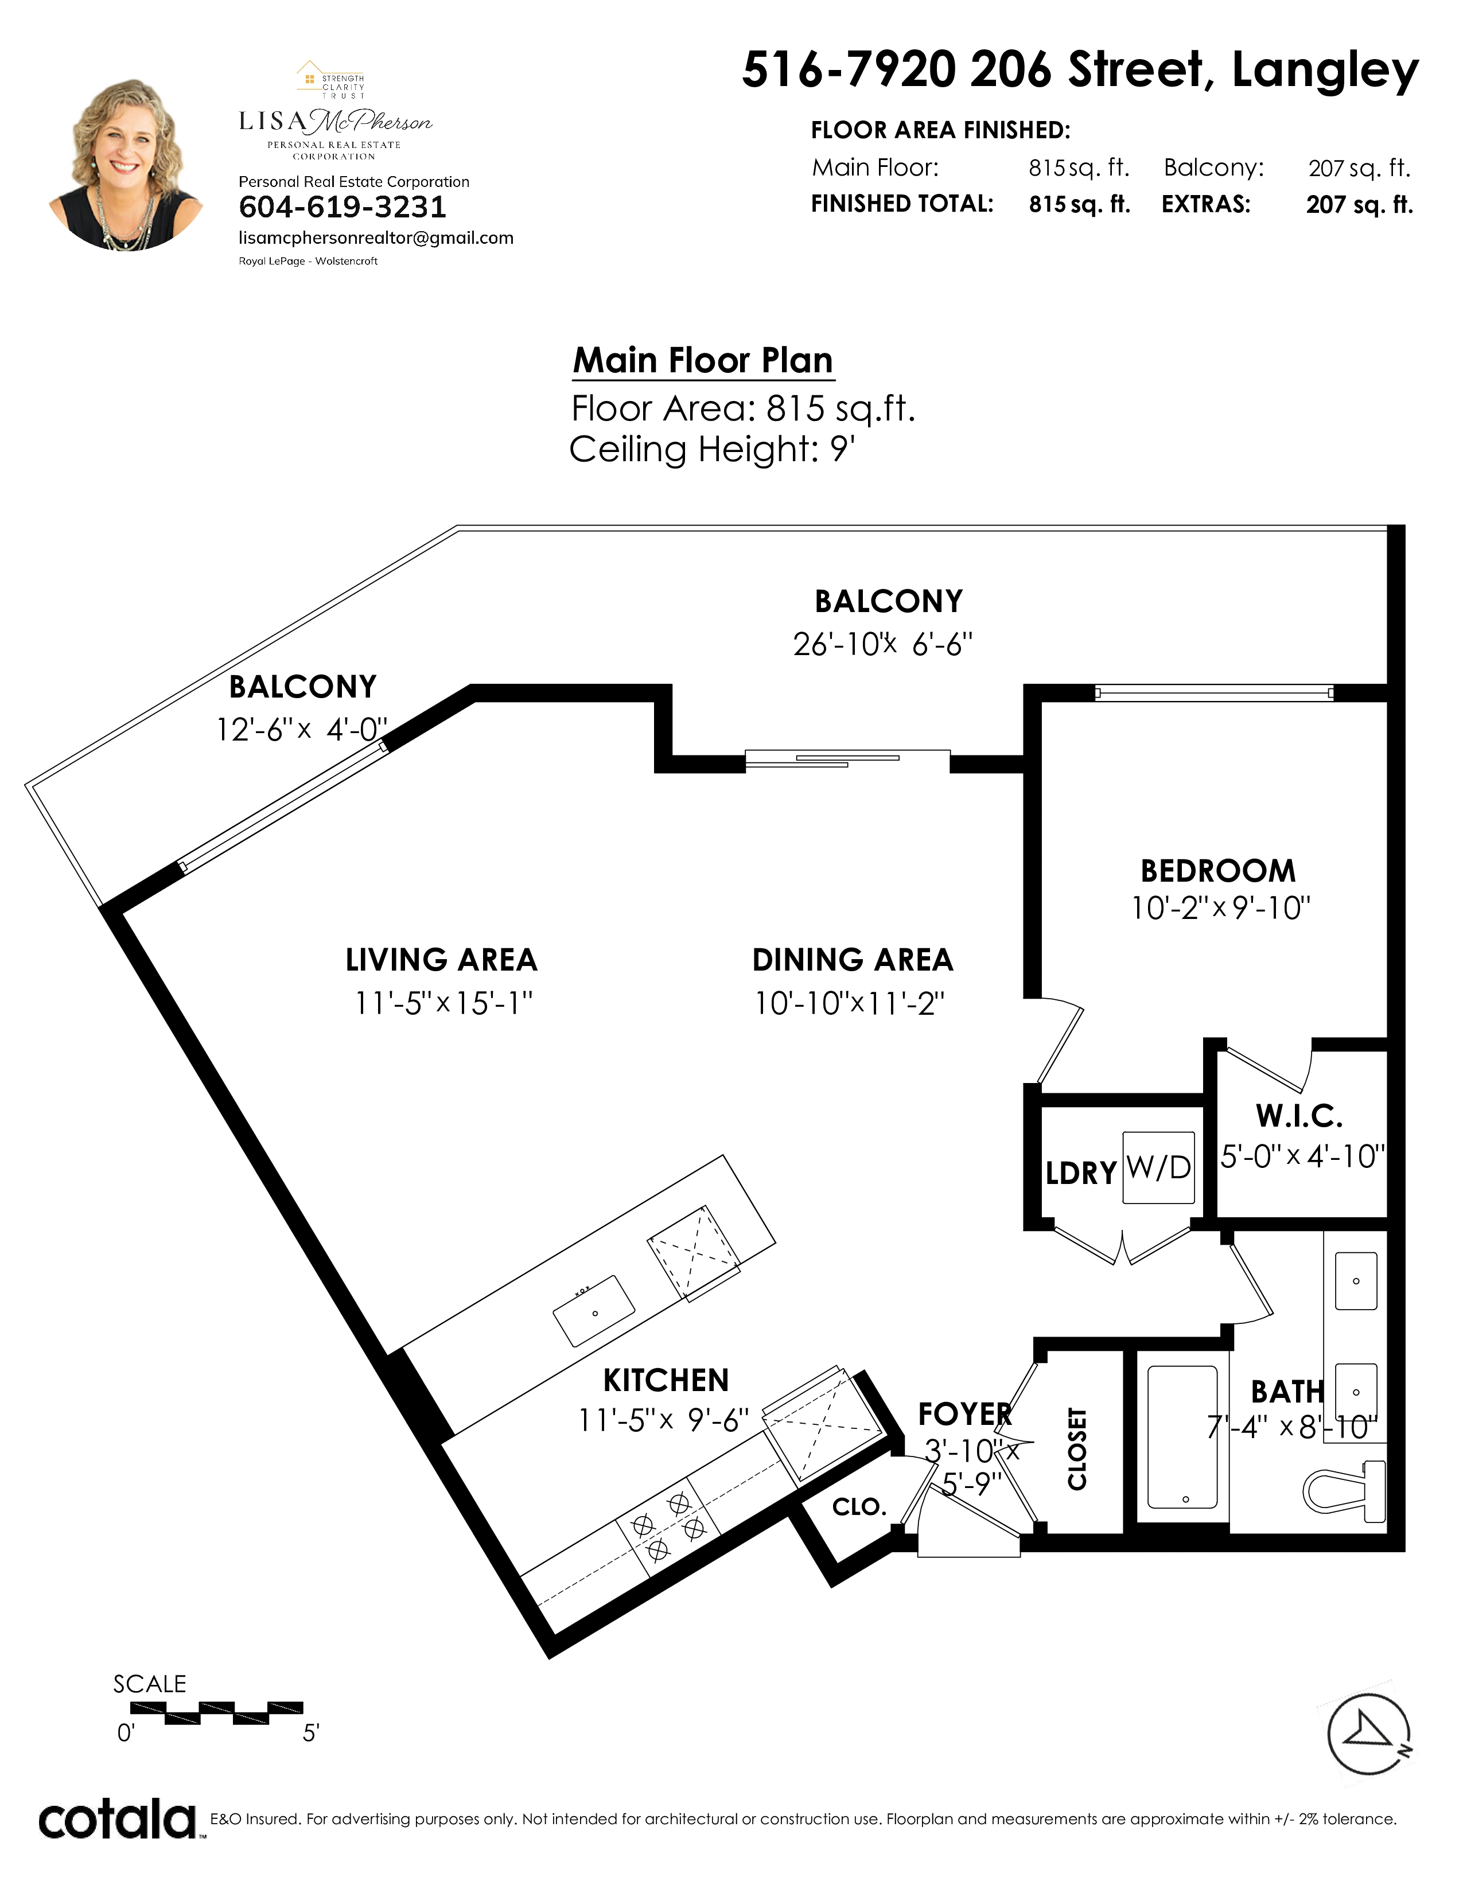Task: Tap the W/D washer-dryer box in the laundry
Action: tap(1159, 1167)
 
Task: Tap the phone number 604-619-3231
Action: tap(343, 207)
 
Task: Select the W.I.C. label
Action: tap(1299, 1116)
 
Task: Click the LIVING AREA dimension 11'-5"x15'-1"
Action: tap(443, 1003)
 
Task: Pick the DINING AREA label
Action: tap(853, 960)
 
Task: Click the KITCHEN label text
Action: tap(666, 1380)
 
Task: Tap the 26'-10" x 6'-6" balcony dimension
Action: tap(882, 645)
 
